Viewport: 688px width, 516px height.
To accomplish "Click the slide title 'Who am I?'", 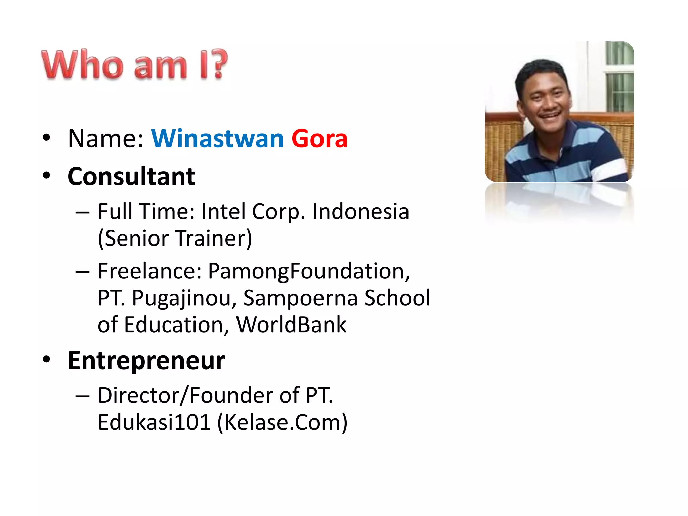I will pos(134,64).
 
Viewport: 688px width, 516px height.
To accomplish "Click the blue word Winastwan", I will pos(217,138).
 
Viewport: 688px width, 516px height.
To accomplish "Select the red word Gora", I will pos(319,138).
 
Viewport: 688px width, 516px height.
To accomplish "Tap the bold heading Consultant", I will pos(131,176).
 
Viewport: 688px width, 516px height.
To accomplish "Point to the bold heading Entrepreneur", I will pos(146,360).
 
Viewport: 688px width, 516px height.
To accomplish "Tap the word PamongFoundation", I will pos(309,271).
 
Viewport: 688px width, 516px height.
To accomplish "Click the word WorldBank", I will pos(291,325).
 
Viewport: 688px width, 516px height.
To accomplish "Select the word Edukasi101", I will pos(154,422).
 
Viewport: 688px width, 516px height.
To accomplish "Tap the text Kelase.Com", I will pos(283,422).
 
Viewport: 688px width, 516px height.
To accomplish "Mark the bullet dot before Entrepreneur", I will pos(46,359).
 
